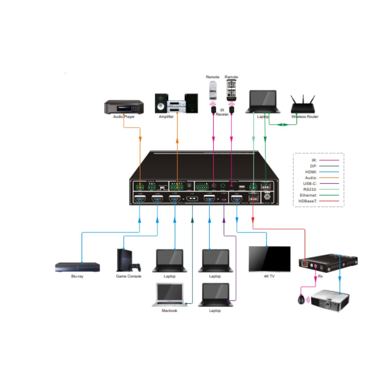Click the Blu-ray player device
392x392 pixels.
(77, 267)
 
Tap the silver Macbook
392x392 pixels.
(170, 295)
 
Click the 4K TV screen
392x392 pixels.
(269, 259)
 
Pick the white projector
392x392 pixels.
(330, 300)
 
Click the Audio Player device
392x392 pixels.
(124, 107)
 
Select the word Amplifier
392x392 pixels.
(166, 117)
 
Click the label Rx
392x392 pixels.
(320, 276)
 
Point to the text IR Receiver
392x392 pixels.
(222, 112)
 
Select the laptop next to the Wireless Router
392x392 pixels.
(263, 102)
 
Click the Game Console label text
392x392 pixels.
(129, 276)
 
